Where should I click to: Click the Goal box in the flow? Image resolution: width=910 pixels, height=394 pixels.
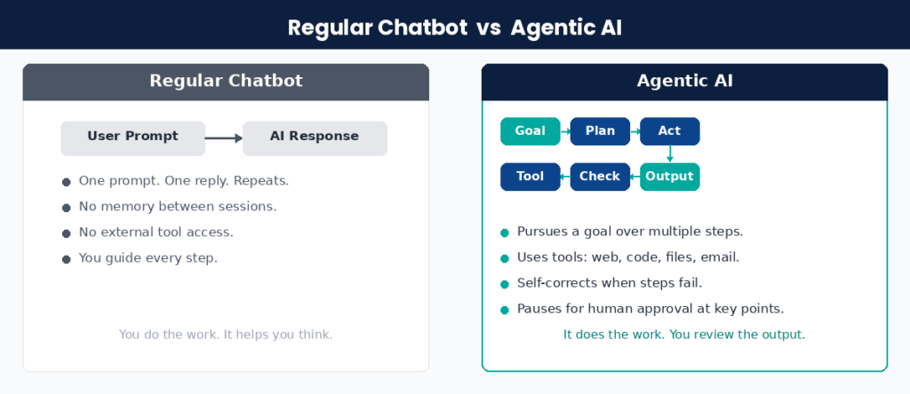530,131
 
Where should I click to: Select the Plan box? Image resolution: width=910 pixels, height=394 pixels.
600,131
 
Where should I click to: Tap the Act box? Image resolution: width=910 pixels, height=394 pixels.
669,131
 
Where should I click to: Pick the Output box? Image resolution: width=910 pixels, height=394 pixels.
669,177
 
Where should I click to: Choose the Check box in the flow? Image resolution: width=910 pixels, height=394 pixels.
600,177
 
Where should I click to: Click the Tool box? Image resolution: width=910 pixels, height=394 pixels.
530,177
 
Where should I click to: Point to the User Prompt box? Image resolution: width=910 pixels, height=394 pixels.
132,138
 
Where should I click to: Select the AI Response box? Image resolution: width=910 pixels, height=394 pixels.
315,138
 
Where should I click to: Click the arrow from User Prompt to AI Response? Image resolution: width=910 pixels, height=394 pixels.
223,138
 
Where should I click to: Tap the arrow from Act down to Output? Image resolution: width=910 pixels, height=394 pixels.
669,154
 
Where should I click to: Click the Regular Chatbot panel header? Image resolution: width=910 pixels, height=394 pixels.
226,82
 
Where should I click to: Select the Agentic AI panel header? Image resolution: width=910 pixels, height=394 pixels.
684,82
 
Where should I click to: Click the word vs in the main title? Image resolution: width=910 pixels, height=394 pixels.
489,28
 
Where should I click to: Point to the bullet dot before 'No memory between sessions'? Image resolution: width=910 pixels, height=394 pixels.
66,208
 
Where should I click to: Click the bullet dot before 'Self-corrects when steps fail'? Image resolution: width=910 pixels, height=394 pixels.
505,284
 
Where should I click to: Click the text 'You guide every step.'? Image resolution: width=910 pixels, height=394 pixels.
148,258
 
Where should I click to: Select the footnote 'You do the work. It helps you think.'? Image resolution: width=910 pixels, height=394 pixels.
226,335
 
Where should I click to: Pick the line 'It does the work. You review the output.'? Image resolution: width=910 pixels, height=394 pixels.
684,335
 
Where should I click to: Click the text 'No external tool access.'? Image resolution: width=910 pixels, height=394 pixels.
156,232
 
